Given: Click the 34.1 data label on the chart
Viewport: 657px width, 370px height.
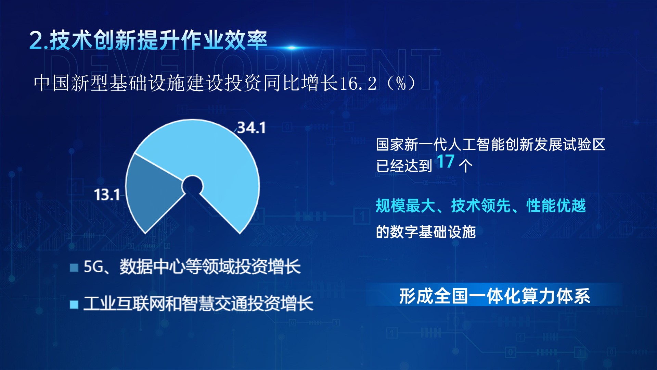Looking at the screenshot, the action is (x=252, y=128).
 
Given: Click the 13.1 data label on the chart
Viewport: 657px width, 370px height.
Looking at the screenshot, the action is (x=107, y=195).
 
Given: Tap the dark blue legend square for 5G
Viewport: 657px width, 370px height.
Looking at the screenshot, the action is (x=74, y=268).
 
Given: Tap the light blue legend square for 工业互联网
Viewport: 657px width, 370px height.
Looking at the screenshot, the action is (x=74, y=305).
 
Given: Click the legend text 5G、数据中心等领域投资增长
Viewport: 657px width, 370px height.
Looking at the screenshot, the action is (x=192, y=267).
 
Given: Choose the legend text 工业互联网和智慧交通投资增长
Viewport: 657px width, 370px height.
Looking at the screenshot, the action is (x=198, y=304).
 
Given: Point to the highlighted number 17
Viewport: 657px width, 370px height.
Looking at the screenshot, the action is (x=446, y=162).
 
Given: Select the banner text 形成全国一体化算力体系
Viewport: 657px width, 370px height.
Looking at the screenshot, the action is (x=495, y=296).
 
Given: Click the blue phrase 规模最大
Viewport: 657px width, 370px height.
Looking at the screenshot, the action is (x=405, y=206).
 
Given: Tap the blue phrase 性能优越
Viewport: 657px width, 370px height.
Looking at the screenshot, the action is (x=556, y=206).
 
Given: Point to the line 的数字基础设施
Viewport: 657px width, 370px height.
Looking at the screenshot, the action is (x=426, y=232).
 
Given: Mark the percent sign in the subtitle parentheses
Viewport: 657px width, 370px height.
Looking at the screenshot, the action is (x=401, y=83).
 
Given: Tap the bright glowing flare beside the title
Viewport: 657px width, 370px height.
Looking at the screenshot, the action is (x=292, y=48).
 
